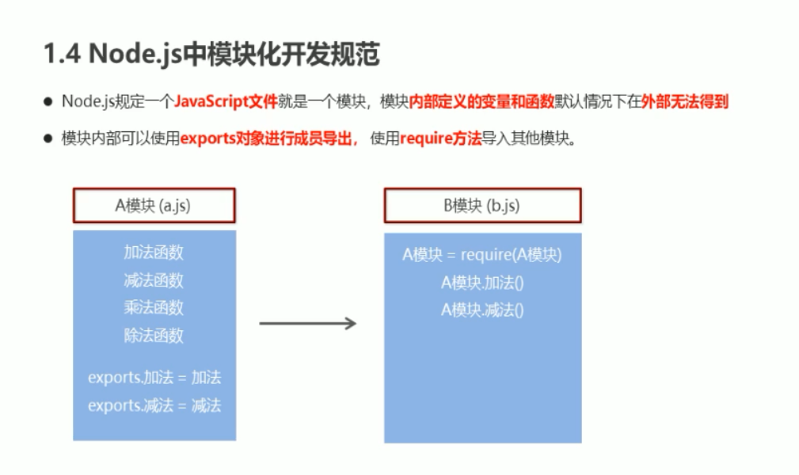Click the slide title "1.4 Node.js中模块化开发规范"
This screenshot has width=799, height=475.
(x=211, y=55)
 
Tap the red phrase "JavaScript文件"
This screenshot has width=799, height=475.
(x=225, y=101)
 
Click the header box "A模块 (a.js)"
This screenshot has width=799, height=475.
(x=154, y=205)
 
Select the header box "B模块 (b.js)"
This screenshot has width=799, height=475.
(x=482, y=205)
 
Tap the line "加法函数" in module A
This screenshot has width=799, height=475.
(x=154, y=253)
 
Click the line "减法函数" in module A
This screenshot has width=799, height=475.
(x=154, y=280)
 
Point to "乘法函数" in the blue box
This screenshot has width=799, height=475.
(x=154, y=307)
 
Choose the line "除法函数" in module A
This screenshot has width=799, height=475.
(x=154, y=335)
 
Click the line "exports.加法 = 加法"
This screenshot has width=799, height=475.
(x=154, y=378)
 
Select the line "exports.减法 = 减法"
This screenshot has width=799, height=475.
(x=154, y=405)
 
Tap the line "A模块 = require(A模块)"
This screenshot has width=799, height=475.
(x=482, y=255)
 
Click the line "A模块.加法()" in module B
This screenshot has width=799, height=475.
(x=482, y=283)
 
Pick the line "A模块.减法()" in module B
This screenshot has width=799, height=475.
(x=482, y=310)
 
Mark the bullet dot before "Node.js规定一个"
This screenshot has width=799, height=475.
(x=48, y=102)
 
